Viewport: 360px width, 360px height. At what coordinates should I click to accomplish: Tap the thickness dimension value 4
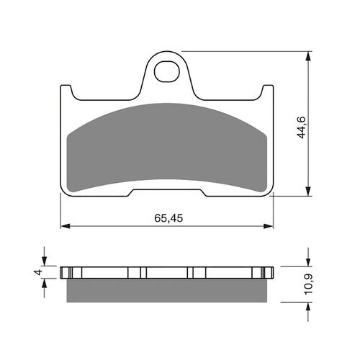tap(35, 272)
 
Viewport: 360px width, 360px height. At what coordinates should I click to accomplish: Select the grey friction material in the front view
tap(169, 148)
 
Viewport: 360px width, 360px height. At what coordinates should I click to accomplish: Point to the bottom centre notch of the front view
tap(169, 191)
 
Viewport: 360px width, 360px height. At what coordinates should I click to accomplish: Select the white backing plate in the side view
tap(169, 273)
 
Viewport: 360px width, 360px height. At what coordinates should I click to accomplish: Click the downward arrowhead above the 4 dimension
tap(45, 263)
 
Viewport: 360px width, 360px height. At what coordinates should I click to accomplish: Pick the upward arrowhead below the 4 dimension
tap(45, 282)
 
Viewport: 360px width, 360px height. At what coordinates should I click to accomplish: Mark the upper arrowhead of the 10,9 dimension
tap(310, 263)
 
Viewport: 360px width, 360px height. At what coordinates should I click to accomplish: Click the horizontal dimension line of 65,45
tap(115, 227)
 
